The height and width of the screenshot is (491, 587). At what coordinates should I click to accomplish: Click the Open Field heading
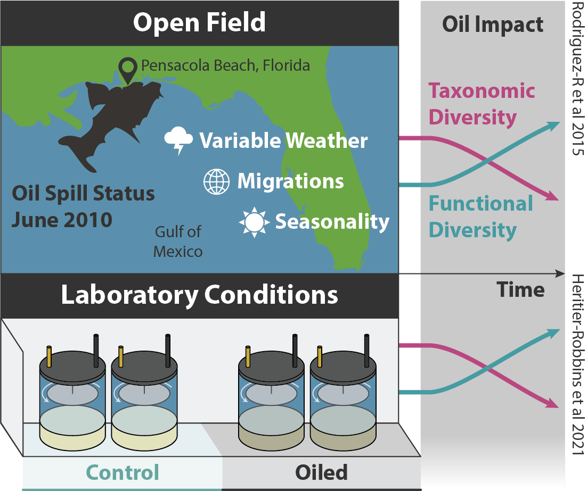click(x=199, y=23)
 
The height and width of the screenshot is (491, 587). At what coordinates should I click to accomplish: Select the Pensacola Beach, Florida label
click(x=225, y=65)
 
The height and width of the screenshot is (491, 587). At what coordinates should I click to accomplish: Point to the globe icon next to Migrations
click(x=216, y=182)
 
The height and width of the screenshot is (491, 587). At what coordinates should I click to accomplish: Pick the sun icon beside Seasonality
click(x=254, y=222)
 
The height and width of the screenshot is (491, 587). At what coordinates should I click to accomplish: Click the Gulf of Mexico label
click(x=178, y=241)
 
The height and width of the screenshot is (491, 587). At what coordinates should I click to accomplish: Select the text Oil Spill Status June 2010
click(x=83, y=206)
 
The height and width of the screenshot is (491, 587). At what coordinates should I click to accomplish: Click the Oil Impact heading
click(x=492, y=25)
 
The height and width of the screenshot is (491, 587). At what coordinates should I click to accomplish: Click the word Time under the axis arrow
click(x=520, y=290)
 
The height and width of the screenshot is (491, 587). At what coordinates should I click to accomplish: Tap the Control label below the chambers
click(x=123, y=472)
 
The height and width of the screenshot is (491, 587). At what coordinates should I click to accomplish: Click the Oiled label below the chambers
click(x=321, y=472)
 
